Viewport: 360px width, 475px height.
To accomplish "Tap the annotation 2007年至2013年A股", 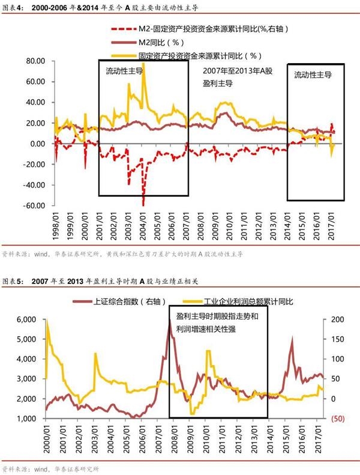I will coord(237,71).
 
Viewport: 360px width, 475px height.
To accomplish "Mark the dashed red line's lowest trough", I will coord(143,204).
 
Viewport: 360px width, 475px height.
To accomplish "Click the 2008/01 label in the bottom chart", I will coord(172,440).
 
